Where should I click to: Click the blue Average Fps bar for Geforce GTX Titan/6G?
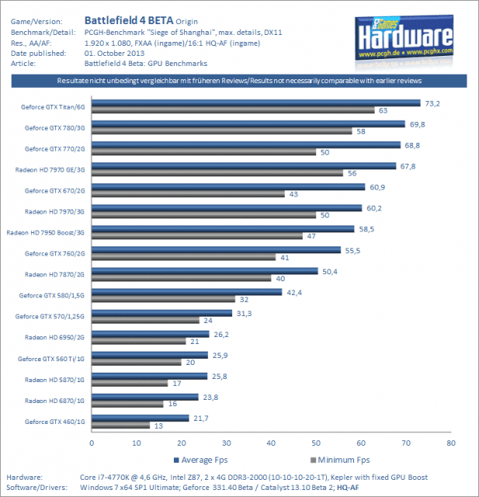pos(256,103)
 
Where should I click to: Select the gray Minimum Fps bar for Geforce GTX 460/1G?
pos(120,426)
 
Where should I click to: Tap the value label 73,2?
pos(432,103)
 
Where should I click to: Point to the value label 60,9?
pos(377,186)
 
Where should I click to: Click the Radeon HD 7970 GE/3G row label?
pos(51,169)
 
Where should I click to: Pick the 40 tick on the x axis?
pos(270,443)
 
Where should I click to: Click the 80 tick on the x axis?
pos(449,443)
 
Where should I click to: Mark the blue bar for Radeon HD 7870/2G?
pos(205,271)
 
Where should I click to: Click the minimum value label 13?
pos(160,426)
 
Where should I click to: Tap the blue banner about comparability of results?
pos(239,81)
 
